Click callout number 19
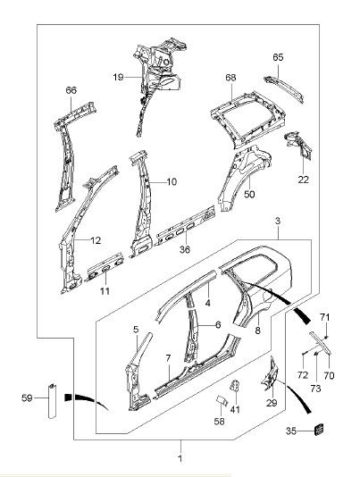point(118,77)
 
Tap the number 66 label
point(71,90)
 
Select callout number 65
point(278,57)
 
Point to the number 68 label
point(230,78)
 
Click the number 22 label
point(304,180)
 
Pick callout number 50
point(249,194)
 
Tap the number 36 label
point(185,249)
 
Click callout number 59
point(27,397)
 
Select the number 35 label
point(291,431)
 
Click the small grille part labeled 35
point(319,430)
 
